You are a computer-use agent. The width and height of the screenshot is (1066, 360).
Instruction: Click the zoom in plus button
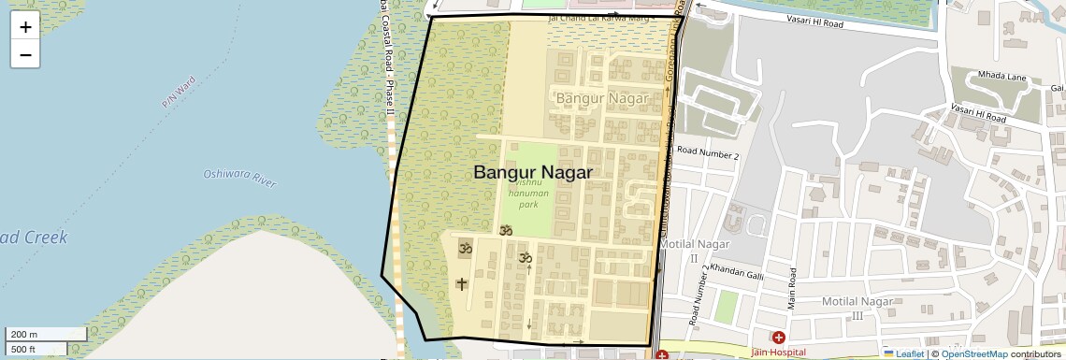point(25,26)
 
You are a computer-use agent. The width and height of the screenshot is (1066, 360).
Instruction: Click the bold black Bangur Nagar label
point(533,173)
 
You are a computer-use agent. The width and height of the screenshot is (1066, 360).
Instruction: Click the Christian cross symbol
point(461,283)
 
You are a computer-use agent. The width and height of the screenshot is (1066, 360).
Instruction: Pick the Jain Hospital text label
point(779,352)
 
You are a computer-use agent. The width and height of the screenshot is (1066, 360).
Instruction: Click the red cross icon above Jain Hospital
point(778,337)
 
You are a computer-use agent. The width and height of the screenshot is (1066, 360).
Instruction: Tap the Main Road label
point(790,287)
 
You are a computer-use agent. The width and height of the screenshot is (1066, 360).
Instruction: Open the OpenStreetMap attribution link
point(973,353)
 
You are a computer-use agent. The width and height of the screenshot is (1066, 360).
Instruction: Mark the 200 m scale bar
point(36,334)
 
